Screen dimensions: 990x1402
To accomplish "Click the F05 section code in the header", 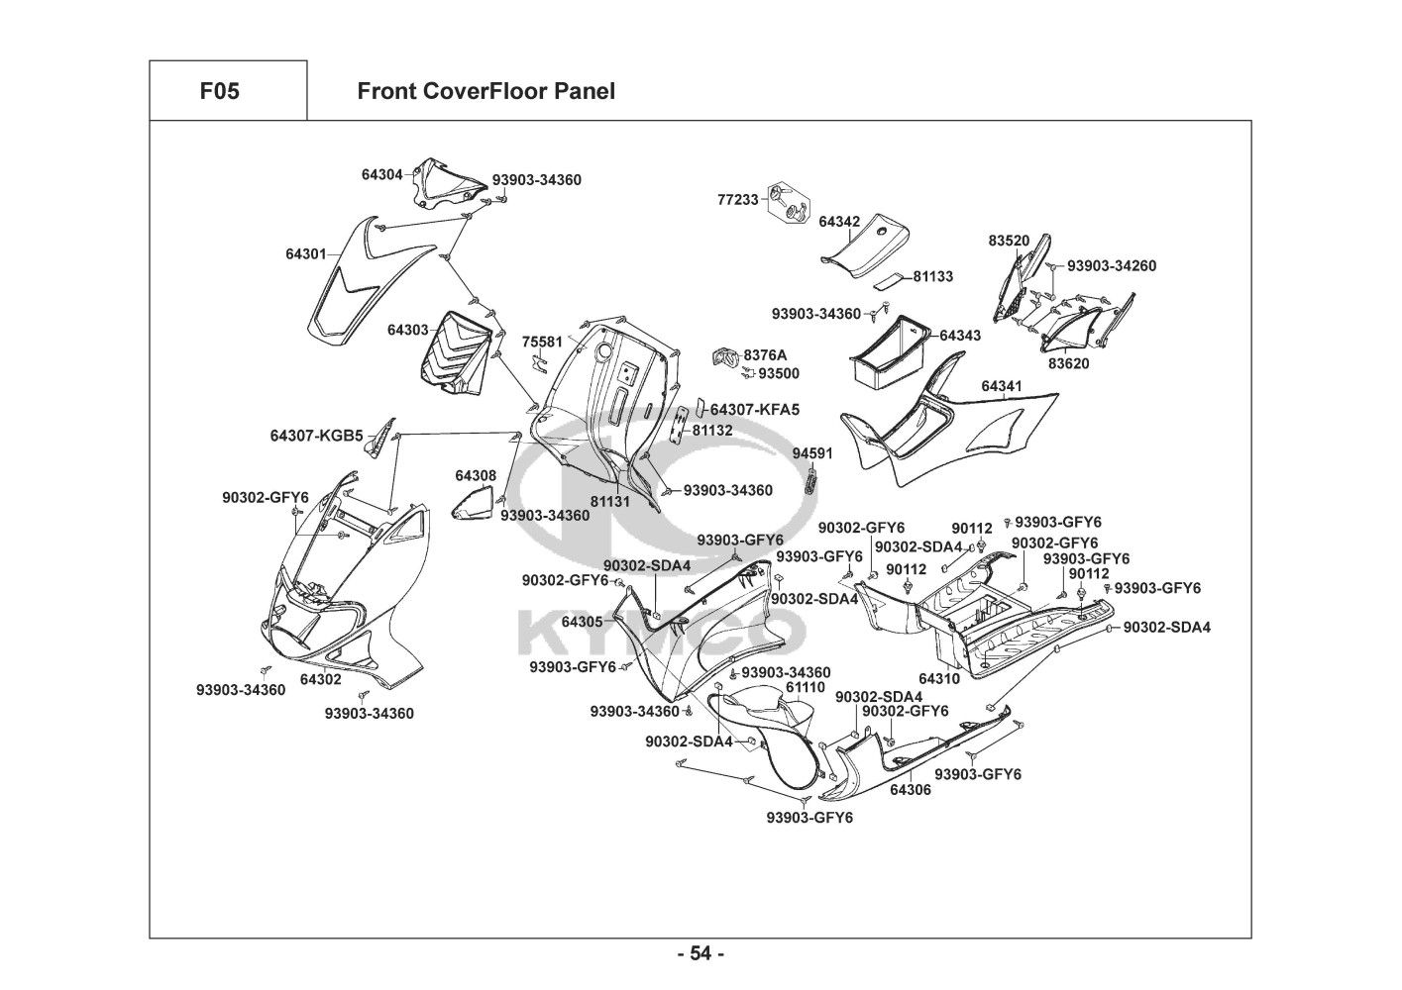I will point(219,92).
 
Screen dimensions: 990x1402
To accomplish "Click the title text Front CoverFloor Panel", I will point(485,92).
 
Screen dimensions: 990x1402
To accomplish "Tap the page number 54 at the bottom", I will point(701,953).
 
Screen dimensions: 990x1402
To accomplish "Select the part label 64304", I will point(381,174).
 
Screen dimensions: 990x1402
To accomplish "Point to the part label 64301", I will point(306,254).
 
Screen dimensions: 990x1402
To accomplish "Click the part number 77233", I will point(737,200).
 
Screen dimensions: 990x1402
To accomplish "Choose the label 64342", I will point(839,222).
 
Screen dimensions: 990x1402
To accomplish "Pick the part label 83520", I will point(1009,241).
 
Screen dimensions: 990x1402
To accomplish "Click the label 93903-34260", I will point(1111,266).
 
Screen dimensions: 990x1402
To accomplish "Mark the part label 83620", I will point(1068,363).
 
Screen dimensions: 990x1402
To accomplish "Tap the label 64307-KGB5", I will point(317,436).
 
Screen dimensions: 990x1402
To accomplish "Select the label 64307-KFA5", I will point(755,409).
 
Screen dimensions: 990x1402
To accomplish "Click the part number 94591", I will point(812,454).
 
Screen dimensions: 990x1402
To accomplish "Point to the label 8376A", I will point(765,355).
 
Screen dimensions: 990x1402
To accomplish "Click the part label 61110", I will point(805,687).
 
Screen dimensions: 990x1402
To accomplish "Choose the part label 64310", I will point(938,679).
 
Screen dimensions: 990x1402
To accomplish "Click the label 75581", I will point(542,343).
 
